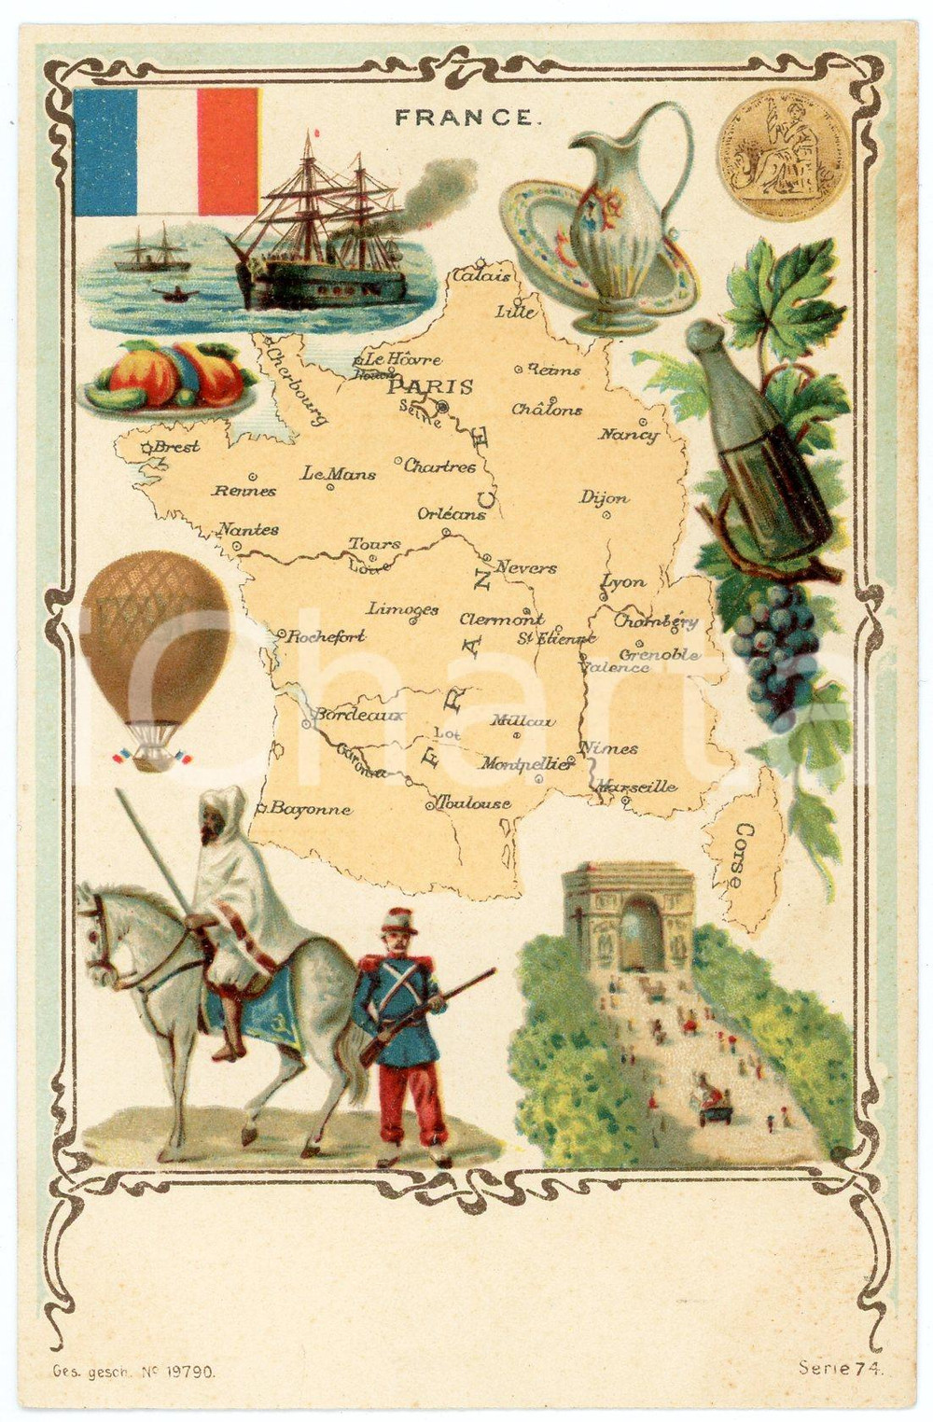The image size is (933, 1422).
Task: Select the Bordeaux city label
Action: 358,716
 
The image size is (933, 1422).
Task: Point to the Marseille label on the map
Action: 636,787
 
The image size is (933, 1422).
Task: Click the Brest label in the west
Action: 175,447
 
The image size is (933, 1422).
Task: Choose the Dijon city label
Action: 605,498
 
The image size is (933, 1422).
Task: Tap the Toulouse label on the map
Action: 473,803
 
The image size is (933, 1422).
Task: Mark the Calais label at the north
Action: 482,276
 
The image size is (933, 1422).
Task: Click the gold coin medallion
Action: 782,154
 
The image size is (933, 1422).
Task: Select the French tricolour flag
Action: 166,151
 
